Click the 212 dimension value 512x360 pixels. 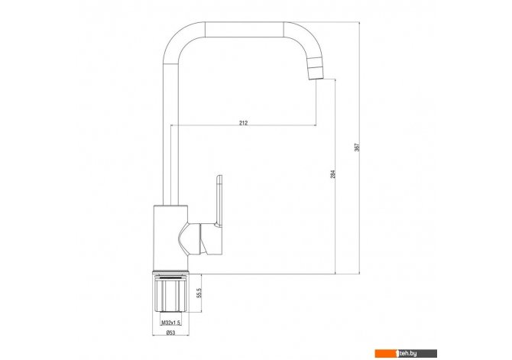243,123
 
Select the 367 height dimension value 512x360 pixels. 357,147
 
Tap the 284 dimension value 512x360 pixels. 332,174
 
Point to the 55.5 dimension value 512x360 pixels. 199,293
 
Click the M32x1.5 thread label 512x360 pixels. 170,323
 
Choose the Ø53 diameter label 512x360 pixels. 170,332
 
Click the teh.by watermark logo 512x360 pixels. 406,353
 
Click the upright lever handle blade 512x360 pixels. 219,200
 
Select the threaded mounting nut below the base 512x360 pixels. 170,293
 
